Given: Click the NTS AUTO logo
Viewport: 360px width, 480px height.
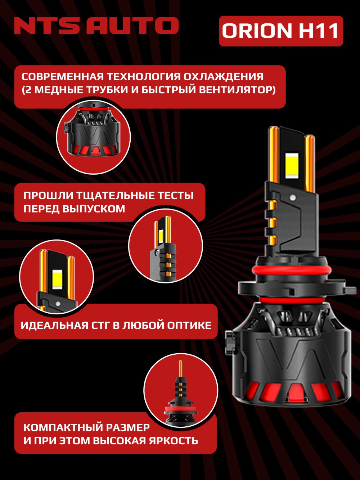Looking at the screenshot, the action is tap(96, 26).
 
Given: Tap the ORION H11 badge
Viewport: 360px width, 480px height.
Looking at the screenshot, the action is tap(281, 31).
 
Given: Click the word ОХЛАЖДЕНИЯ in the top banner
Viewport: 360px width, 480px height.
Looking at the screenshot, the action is tap(223, 77).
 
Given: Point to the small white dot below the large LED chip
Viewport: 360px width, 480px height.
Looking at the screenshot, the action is tap(292, 198).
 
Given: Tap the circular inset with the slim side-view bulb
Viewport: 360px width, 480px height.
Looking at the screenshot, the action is tap(166, 245).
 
